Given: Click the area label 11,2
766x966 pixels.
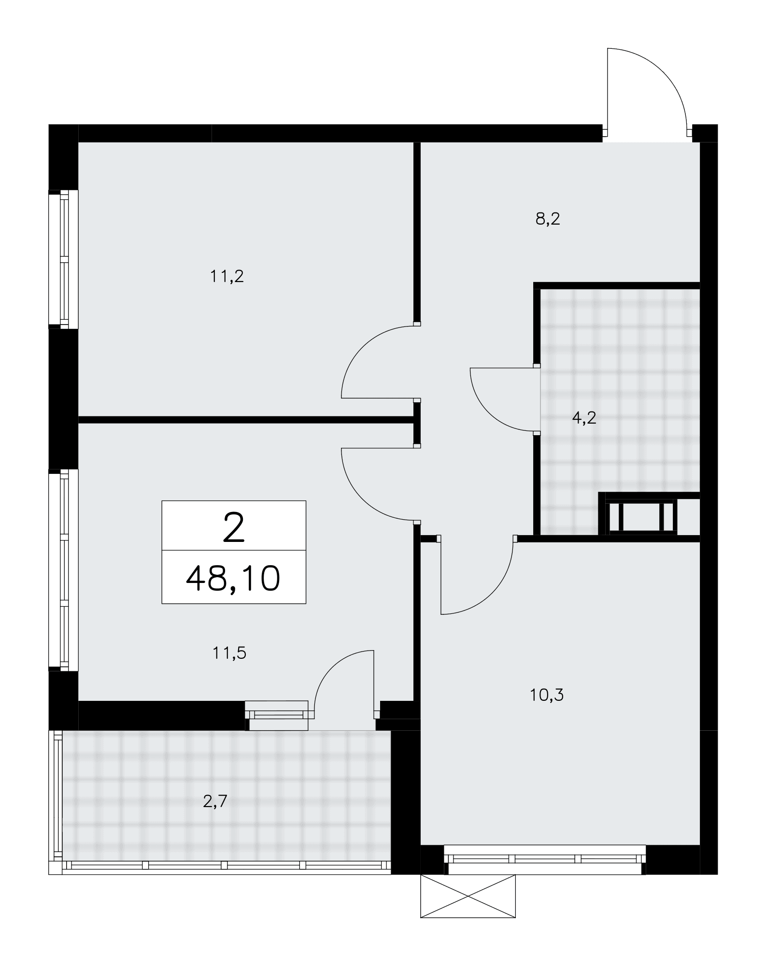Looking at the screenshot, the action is tap(227, 277).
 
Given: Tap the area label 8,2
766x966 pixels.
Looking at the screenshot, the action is tap(548, 219).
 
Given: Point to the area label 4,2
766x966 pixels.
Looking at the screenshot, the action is tap(584, 418).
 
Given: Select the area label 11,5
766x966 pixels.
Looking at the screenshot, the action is tap(229, 653).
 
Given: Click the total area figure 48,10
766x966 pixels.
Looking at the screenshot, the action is tap(233, 579).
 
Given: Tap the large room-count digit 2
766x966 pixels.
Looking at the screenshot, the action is tap(234, 527).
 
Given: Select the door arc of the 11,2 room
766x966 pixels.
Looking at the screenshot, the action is tap(357, 348).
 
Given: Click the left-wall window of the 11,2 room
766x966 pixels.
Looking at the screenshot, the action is tap(63, 259).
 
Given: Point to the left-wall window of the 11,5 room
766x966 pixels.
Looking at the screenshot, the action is tap(63, 570).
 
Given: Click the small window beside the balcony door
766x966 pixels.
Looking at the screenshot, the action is tap(276, 715).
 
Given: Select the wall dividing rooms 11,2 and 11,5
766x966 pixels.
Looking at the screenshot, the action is tap(246, 420).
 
